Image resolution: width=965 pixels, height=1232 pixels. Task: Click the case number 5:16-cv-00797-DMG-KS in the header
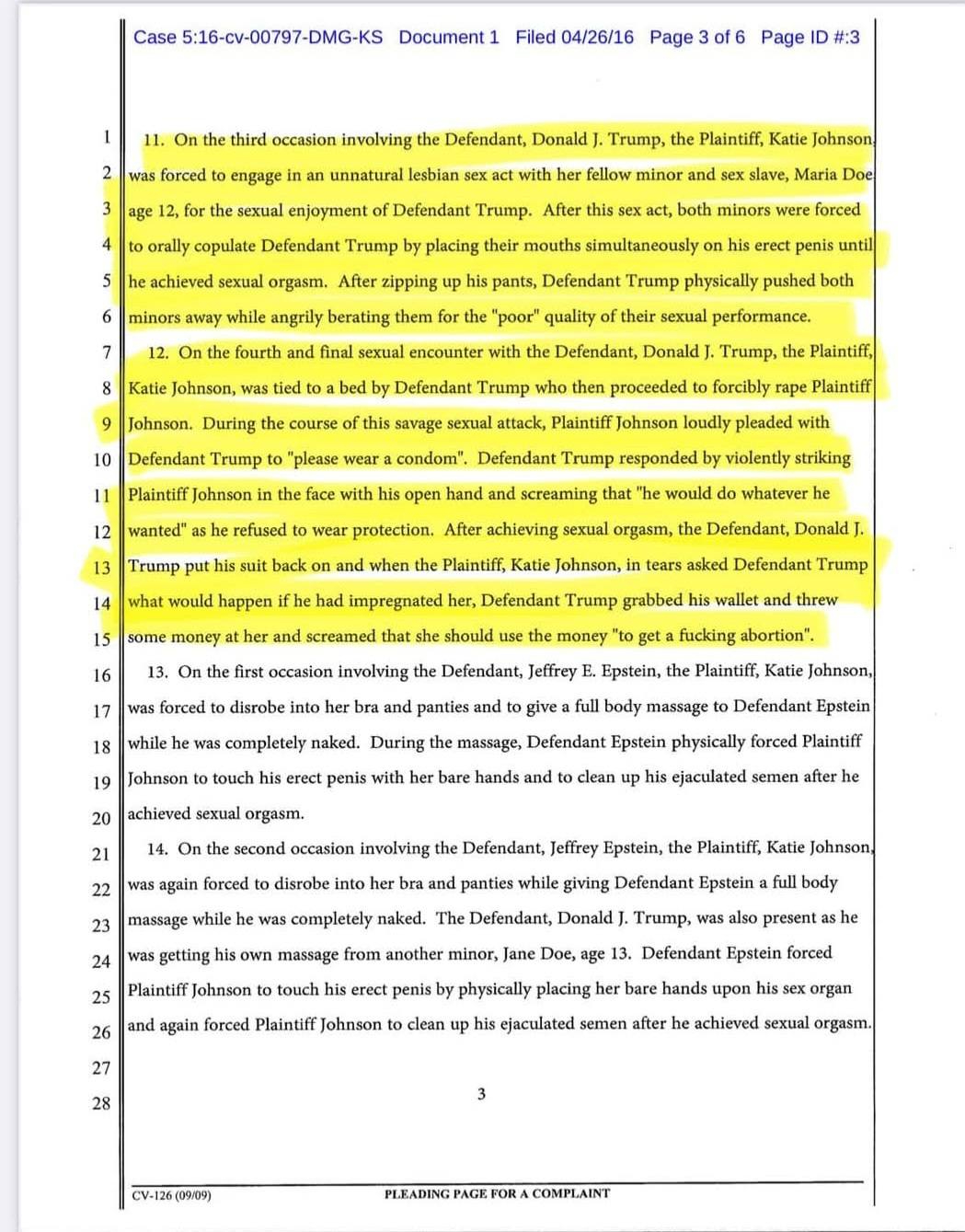pos(258,38)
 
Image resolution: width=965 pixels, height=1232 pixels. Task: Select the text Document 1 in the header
pos(449,38)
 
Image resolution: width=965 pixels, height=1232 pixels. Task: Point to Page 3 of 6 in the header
pos(696,38)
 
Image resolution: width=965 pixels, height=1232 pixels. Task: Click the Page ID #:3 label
pos(810,38)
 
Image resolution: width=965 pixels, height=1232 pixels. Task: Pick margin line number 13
pos(101,568)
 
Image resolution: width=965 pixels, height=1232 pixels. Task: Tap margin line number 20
pos(101,818)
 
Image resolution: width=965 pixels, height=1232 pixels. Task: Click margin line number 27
pos(101,1068)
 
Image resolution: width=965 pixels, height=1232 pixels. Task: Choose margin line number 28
pos(101,1103)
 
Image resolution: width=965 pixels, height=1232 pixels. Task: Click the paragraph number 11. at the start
pos(154,141)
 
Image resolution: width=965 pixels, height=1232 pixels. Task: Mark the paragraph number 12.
pos(157,352)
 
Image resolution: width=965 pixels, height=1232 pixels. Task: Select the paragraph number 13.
pos(157,672)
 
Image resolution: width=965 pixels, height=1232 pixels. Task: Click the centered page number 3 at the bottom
pos(481,1094)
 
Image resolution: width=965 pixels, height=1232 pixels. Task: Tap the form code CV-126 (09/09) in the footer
pos(171,1195)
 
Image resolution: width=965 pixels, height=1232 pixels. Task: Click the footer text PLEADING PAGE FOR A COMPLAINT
pos(497,1194)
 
